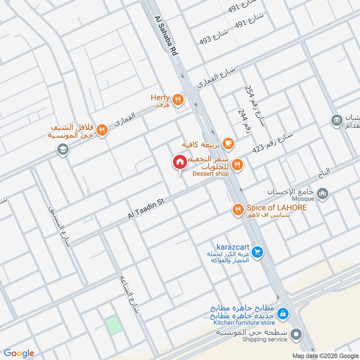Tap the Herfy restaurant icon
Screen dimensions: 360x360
tap(178, 99)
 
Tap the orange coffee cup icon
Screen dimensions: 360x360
tap(229, 144)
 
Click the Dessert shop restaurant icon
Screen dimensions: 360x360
tap(238, 165)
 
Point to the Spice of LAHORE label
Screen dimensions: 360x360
tap(276, 208)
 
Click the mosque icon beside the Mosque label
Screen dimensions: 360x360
tap(322, 194)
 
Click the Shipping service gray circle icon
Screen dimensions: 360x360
tap(296, 334)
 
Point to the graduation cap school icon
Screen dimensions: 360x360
tap(63, 150)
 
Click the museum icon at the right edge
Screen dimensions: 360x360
tap(336, 120)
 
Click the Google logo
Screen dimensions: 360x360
tap(19, 353)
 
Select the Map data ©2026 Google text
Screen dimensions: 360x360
tap(324, 355)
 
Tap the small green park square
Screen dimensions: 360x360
tap(114, 325)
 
